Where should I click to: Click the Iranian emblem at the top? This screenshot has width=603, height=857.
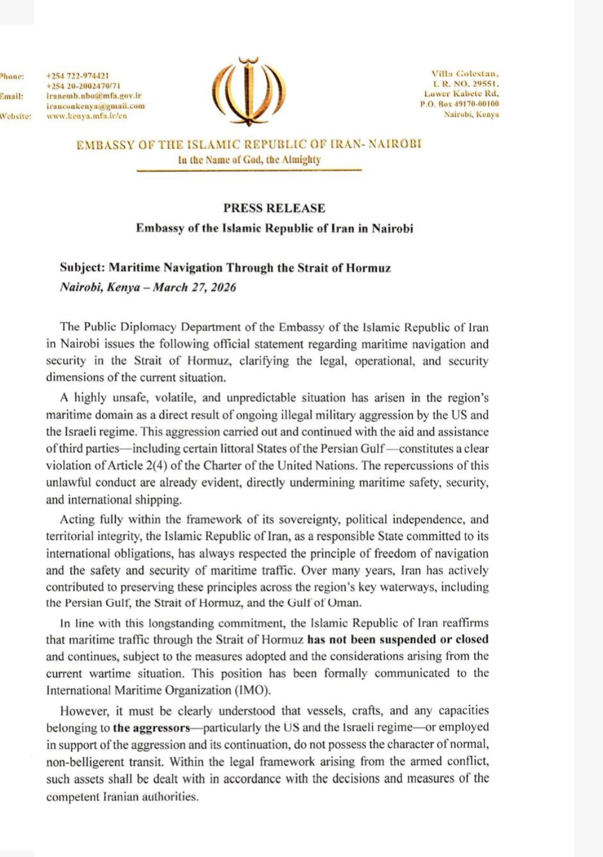tap(249, 92)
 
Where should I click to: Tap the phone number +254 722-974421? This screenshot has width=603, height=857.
tap(78, 75)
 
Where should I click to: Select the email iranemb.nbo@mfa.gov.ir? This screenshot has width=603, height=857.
tap(93, 96)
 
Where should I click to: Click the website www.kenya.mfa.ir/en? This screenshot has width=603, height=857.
tap(87, 116)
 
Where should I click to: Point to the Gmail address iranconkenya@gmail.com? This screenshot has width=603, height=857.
tap(95, 106)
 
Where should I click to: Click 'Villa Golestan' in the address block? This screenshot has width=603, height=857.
tap(465, 73)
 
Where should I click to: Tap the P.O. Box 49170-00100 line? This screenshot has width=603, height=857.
tap(459, 104)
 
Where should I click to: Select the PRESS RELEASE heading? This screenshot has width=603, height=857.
tap(274, 208)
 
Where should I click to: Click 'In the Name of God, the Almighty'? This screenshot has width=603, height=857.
tap(249, 159)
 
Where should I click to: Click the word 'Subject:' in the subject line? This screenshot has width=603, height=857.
tap(82, 267)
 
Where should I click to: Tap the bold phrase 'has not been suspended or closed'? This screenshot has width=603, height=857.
tap(397, 639)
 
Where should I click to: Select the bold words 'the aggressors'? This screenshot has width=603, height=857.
tap(151, 727)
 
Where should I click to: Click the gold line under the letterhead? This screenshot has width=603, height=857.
tap(249, 170)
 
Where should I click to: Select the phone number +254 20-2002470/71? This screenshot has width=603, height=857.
tap(83, 86)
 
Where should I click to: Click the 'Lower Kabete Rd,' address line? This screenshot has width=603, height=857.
tap(461, 94)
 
